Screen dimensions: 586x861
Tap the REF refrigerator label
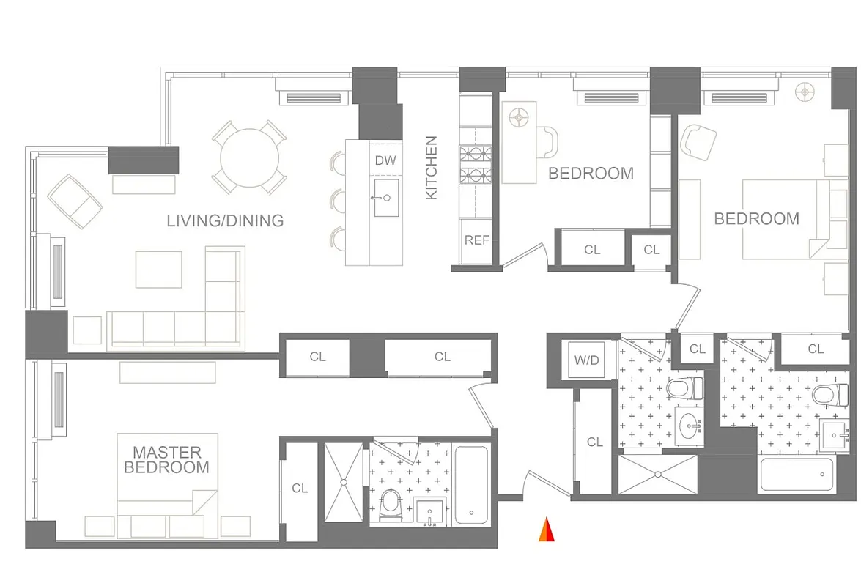(477, 240)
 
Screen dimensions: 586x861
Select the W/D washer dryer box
(586, 360)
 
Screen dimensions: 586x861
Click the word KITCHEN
(432, 168)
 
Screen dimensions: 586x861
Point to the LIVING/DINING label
(225, 220)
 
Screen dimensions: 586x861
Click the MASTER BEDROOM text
(166, 460)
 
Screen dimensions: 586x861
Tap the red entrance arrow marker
(546, 530)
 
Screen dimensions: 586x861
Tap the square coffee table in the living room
(158, 270)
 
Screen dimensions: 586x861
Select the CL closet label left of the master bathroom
(300, 488)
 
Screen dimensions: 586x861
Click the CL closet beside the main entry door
(594, 442)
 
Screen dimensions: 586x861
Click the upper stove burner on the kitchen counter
(473, 153)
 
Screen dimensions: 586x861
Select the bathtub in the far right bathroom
(797, 475)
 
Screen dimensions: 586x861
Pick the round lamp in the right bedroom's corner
(807, 92)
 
